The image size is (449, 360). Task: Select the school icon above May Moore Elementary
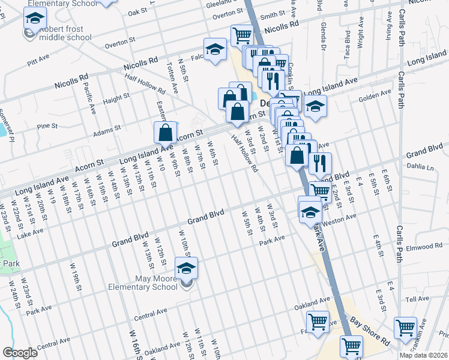186,268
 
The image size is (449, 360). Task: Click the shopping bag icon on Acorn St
165,133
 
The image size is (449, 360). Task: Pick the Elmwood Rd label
424,247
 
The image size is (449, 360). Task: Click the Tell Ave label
418,299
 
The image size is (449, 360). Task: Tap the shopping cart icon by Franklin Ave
405,328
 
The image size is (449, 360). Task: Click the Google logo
20,353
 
